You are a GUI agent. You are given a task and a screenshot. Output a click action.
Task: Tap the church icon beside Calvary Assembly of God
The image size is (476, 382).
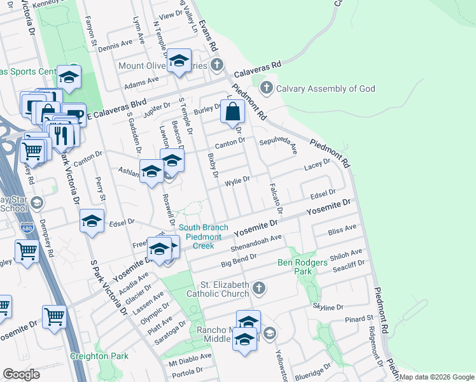(267, 88)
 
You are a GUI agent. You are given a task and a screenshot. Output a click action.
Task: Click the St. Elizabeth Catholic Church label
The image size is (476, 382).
(216, 289)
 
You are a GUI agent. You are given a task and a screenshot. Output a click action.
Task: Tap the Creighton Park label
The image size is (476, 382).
(99, 356)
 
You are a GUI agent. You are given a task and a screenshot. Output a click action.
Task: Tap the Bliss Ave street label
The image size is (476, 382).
(342, 229)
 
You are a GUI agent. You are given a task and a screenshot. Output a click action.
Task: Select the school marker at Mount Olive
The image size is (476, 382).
(179, 61)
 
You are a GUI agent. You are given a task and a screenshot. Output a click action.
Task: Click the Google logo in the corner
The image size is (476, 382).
(21, 374)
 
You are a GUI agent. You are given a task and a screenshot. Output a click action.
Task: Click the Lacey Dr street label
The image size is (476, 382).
(317, 164)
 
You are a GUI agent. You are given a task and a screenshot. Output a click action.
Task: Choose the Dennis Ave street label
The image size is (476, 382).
(115, 45)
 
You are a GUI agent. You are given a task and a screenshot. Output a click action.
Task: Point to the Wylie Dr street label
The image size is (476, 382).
(237, 182)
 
